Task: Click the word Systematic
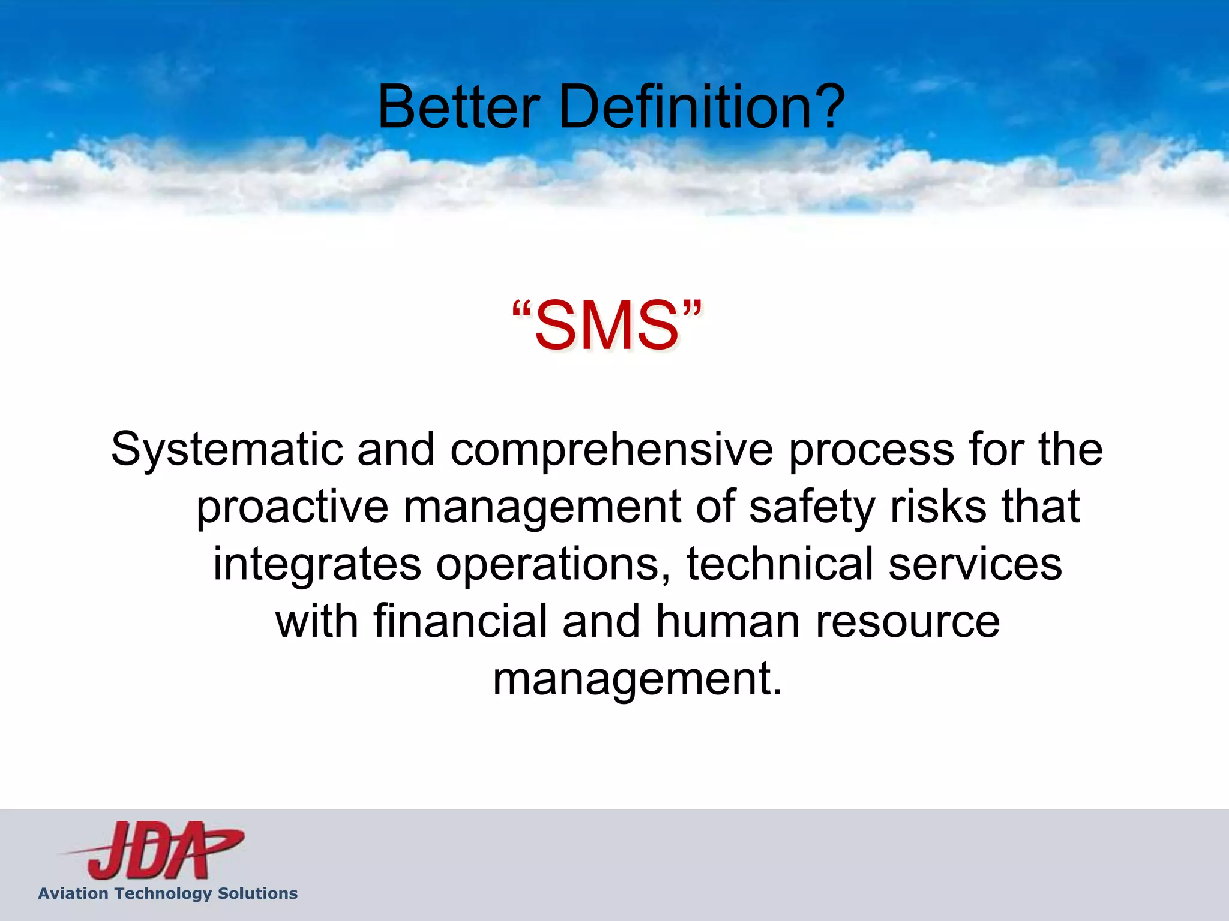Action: (x=227, y=450)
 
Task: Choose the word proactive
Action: (x=293, y=507)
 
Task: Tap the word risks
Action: (x=939, y=507)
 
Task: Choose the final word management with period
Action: (x=637, y=679)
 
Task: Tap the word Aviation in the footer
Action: (x=73, y=893)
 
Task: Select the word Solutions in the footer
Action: (x=257, y=893)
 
